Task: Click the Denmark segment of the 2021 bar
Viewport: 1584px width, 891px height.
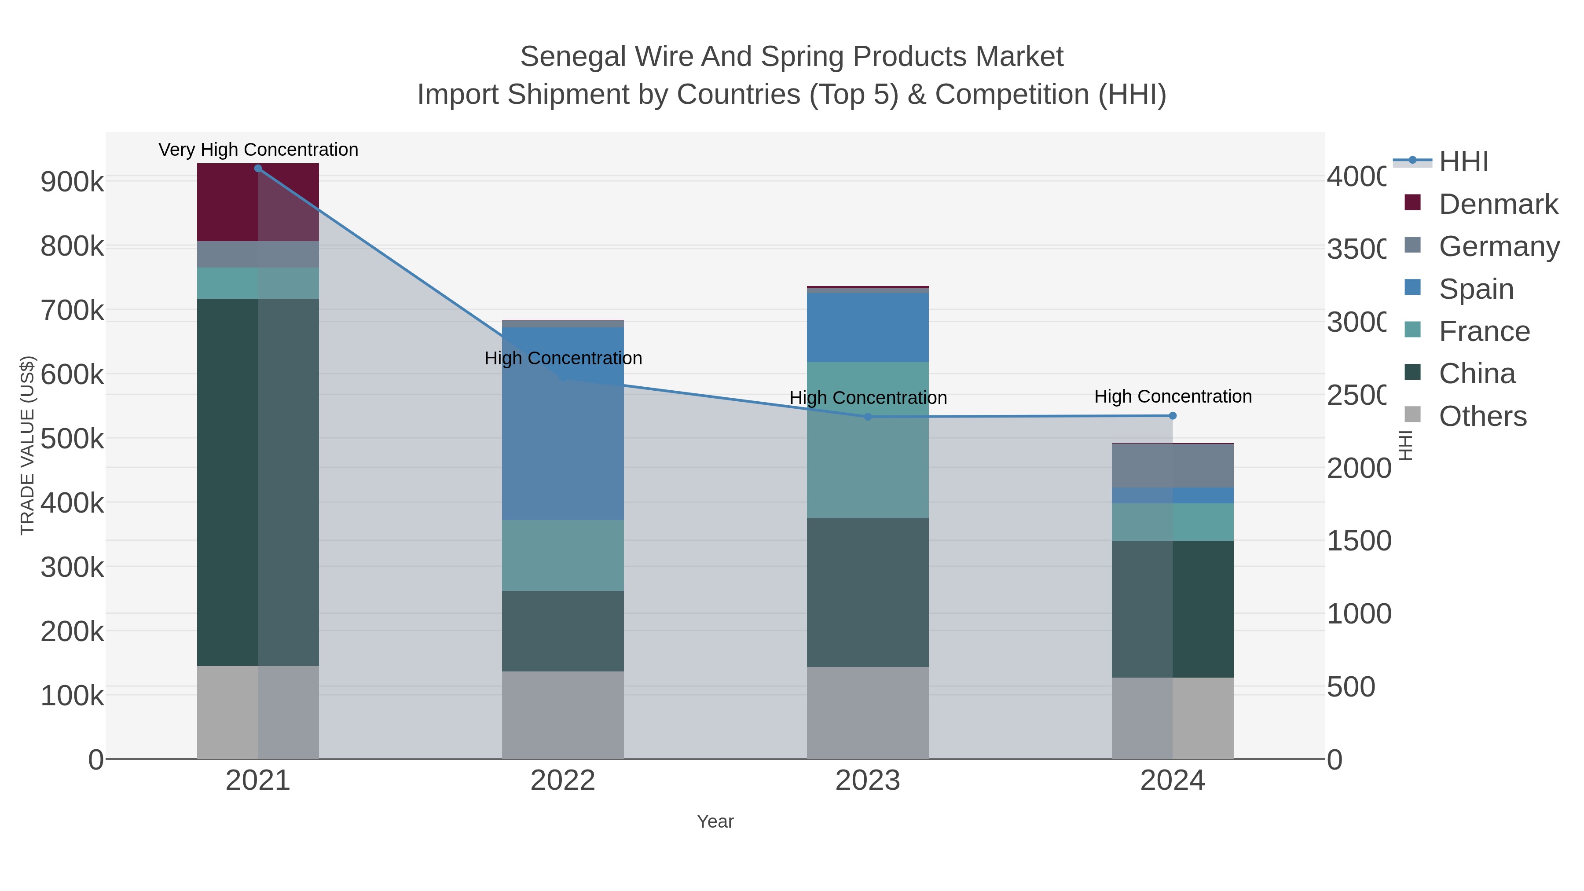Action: (258, 202)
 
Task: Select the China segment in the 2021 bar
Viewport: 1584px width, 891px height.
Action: (258, 482)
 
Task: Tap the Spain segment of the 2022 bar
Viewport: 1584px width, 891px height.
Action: (563, 424)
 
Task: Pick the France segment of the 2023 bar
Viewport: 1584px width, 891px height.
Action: (868, 440)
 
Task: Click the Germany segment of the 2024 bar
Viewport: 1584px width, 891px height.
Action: (1173, 466)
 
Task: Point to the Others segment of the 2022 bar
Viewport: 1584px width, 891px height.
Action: (563, 715)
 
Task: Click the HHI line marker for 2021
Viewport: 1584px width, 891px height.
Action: (258, 169)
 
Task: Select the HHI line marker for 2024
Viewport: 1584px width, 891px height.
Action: (1173, 416)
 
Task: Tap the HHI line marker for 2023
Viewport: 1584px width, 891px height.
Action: (868, 417)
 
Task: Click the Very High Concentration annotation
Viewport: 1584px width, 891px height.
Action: (258, 150)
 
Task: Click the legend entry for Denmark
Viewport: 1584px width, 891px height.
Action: (1498, 204)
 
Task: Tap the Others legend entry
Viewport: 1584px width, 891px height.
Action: (1482, 416)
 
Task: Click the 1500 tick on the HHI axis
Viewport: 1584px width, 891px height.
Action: (1358, 541)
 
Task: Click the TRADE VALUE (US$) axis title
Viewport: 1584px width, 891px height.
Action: (28, 445)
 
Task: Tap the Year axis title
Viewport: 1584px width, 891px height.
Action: (715, 821)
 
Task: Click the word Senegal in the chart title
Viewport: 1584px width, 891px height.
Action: (574, 57)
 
